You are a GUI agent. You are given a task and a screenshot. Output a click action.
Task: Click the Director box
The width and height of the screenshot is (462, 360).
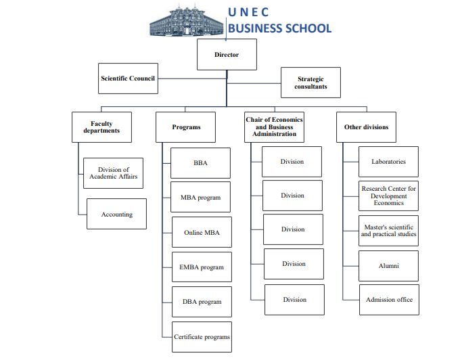227,55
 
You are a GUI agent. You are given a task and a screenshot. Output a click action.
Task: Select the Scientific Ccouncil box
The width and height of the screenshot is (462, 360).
128,78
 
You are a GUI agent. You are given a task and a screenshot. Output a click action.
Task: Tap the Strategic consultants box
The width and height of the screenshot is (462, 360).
310,83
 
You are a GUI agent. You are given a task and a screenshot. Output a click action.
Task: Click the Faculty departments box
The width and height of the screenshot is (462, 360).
101,127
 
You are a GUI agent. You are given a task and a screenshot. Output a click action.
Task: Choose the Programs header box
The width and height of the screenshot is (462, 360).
186,127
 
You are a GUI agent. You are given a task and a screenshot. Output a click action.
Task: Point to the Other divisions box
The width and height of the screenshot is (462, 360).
366,127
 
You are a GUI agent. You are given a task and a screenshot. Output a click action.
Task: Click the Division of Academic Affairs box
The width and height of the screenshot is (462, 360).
114,173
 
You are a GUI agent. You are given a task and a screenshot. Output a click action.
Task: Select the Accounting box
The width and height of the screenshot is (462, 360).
116,214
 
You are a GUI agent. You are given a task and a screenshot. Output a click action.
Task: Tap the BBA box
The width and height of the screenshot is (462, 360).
200,163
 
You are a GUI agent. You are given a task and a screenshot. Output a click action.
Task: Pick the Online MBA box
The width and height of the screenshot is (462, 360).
202,232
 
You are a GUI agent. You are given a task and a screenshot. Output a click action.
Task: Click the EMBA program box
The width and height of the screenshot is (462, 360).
202,267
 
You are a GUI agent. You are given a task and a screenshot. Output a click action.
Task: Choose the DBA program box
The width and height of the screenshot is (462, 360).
202,302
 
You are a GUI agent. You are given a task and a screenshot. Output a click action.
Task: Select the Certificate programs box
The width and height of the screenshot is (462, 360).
202,336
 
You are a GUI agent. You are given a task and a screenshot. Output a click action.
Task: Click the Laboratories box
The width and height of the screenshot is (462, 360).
388,162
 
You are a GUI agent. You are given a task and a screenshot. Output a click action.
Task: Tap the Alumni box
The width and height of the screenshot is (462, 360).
388,265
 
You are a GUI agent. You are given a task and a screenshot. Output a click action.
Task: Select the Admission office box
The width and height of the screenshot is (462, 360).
388,300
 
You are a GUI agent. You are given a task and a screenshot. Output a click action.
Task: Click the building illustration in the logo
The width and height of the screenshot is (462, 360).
186,20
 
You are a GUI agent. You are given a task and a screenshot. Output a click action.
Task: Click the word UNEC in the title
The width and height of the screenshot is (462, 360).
248,12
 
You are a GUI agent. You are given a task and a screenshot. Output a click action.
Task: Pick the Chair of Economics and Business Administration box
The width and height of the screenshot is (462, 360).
274,127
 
